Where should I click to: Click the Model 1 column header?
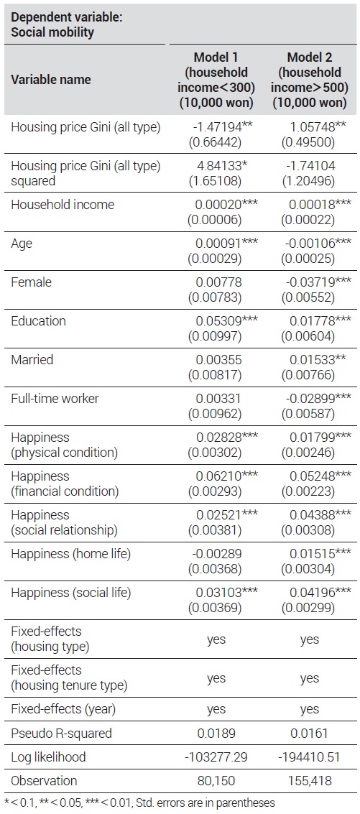tap(216, 80)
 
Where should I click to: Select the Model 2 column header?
tap(309, 80)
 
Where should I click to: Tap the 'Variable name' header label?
tap(51, 80)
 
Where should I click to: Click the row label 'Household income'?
tap(63, 205)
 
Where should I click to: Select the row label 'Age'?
tap(22, 244)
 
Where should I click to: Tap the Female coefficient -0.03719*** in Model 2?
tap(318, 282)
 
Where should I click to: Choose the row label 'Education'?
tap(38, 321)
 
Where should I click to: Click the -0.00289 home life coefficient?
tap(217, 554)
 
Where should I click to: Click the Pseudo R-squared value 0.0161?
tap(310, 734)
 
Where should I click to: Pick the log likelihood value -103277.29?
tap(216, 757)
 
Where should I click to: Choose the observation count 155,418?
tap(310, 781)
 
